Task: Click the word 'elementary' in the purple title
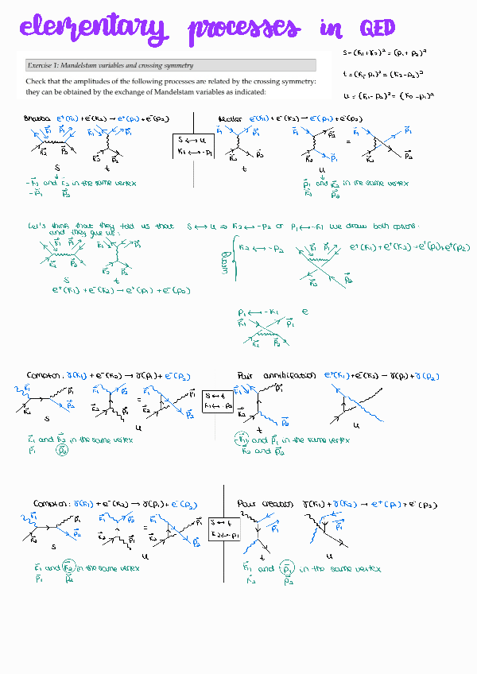(x=93, y=30)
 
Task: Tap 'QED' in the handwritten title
(x=377, y=29)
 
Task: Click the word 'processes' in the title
(x=245, y=31)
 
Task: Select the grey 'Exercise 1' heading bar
(x=173, y=65)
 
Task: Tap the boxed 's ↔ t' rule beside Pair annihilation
(x=217, y=400)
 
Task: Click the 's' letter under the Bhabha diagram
(x=58, y=168)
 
